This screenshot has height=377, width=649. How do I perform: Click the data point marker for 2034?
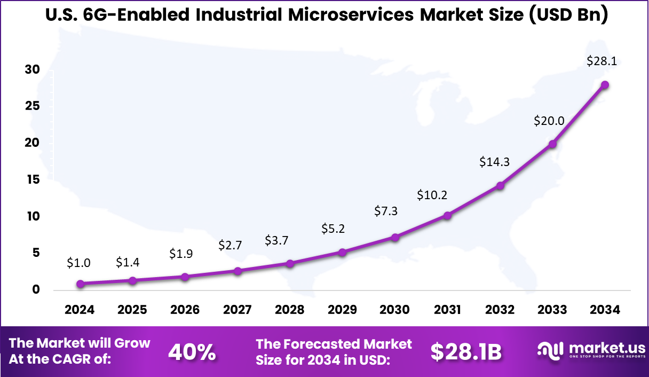pyautogui.click(x=605, y=85)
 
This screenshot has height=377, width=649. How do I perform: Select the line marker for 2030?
pyautogui.click(x=395, y=237)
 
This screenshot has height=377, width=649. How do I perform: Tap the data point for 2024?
pyautogui.click(x=80, y=284)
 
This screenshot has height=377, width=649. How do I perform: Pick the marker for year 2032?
pyautogui.click(x=500, y=186)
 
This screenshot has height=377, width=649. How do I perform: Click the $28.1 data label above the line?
pyautogui.click(x=601, y=61)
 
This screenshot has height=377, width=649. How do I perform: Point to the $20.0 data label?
pyautogui.click(x=549, y=121)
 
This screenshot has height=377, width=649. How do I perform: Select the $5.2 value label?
pyautogui.click(x=333, y=229)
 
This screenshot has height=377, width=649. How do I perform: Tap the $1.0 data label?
pyautogui.click(x=78, y=262)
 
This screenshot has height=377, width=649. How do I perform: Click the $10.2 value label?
pyautogui.click(x=432, y=195)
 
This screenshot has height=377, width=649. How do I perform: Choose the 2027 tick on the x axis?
pyautogui.click(x=238, y=310)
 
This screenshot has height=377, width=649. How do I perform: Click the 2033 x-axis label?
pyautogui.click(x=552, y=310)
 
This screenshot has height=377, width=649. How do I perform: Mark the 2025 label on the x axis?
pyautogui.click(x=132, y=310)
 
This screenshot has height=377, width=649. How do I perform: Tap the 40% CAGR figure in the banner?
pyautogui.click(x=192, y=352)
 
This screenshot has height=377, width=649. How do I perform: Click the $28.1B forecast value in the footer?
pyautogui.click(x=466, y=351)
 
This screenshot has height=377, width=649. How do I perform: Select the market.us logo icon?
pyautogui.click(x=551, y=350)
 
